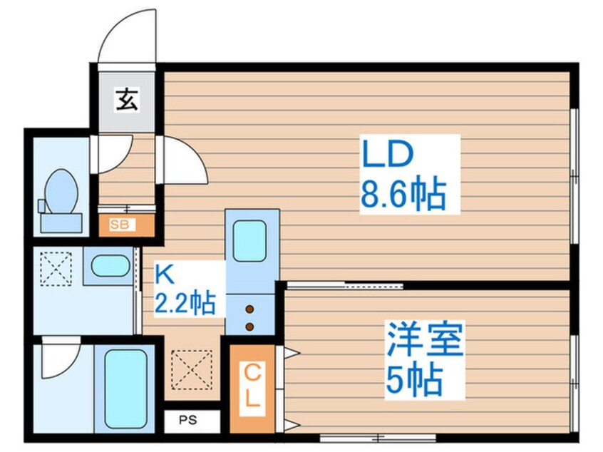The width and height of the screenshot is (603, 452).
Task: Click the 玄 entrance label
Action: (127, 99)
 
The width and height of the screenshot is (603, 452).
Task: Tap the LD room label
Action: (388, 153)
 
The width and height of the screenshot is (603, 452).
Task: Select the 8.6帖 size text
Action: (403, 194)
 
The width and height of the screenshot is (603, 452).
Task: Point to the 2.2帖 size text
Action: (185, 302)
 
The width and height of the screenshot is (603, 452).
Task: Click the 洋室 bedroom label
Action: (425, 339)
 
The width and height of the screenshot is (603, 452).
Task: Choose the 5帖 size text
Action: (414, 380)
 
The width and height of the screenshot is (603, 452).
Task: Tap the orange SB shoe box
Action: (127, 225)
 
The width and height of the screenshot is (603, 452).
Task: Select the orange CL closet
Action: (252, 389)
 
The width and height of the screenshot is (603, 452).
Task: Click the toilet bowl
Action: (61, 192)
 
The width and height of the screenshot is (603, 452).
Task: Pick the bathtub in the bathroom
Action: (125, 389)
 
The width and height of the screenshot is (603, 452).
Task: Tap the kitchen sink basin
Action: (249, 241)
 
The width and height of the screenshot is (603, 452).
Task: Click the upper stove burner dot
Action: (249, 309)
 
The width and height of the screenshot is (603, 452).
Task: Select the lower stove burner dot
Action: (249, 327)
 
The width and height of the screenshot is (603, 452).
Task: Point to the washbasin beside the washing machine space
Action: (110, 265)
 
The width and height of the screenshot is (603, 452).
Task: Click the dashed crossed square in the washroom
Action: (56, 269)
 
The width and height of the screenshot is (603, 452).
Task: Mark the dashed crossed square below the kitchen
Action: (192, 370)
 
